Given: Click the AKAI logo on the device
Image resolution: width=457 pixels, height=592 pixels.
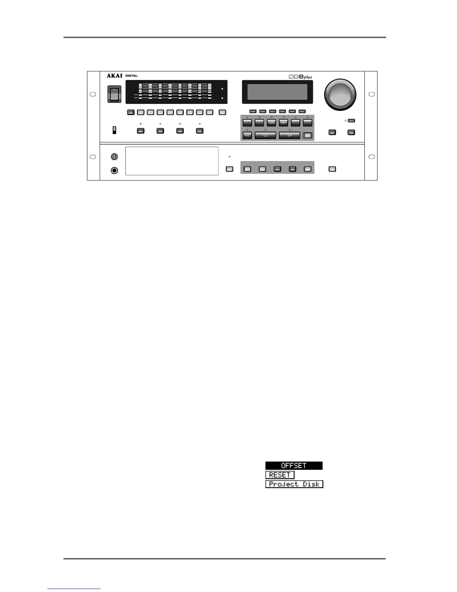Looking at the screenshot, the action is tap(115, 75).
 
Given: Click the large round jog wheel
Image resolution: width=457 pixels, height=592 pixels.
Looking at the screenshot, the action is tap(340, 94).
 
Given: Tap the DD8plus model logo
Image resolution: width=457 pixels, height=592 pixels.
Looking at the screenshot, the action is tap(300, 77).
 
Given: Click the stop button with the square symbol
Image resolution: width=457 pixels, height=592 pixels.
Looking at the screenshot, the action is tap(265, 135).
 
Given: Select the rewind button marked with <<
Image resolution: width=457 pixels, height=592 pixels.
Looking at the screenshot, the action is tap(271, 123).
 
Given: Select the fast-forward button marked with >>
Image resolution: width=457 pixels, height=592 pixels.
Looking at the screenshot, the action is tap(283, 123).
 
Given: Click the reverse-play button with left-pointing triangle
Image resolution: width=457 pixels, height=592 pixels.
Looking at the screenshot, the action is tap(247, 135).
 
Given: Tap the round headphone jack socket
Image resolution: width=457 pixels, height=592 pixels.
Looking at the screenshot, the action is tap(115, 170).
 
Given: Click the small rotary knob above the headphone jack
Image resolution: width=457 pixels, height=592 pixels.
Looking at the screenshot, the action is tap(115, 157).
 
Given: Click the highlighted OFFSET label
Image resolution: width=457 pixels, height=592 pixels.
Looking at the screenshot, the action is tap(294, 466).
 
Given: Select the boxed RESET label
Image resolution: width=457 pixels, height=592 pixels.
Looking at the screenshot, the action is tap(280, 475).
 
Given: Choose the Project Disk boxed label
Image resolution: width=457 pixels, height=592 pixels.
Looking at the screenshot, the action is tap(294, 484).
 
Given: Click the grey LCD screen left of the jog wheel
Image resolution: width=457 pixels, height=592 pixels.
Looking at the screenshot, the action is tap(277, 92).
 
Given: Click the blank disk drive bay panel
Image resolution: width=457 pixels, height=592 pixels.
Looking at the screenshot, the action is tap(172, 161).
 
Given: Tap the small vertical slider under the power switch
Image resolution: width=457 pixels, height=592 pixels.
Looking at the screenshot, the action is tap(115, 130).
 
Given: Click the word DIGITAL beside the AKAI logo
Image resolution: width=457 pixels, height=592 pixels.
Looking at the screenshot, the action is tap(132, 76).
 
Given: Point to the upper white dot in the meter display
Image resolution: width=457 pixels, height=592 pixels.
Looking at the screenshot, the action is tap(222, 89).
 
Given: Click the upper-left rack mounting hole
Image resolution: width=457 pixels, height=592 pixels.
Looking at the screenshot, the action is tap(93, 94).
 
